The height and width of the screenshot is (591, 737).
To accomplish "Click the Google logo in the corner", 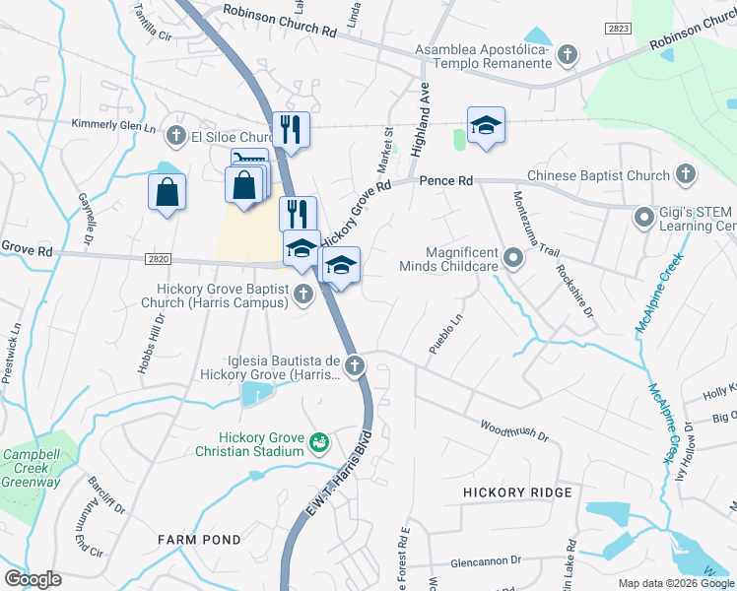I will tap(33, 578).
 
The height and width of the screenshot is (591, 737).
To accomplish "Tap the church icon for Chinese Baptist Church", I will tap(686, 175).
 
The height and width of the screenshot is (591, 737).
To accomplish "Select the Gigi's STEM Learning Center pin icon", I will tap(644, 215).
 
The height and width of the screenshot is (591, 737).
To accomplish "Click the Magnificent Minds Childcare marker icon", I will tap(513, 259).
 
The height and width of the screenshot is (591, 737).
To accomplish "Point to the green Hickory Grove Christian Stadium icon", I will tap(319, 442).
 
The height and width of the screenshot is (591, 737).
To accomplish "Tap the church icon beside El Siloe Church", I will tap(176, 135).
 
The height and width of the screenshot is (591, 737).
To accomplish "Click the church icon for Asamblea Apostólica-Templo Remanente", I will tap(568, 55).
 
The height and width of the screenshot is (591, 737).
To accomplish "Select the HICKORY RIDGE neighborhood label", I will tap(517, 492).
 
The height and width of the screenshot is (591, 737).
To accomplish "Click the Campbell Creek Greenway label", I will tap(31, 469).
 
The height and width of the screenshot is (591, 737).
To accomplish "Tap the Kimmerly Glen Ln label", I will tap(113, 125).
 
